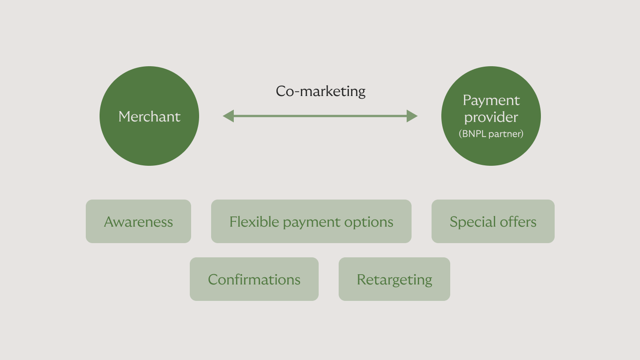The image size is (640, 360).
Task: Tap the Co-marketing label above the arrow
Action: coord(320,91)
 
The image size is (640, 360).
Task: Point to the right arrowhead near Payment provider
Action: coord(412,116)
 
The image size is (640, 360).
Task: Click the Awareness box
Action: coord(138,221)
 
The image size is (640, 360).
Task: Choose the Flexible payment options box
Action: coord(311,221)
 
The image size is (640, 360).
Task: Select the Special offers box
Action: coord(493,221)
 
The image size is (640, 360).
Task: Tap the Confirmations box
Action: coord(254,279)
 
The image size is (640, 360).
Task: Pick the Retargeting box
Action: coord(394,279)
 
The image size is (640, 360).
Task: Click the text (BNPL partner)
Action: coord(491,134)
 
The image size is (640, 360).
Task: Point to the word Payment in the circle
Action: coord(491,100)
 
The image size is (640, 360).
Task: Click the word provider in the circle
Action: coord(491,117)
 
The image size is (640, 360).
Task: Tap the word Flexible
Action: coord(254,221)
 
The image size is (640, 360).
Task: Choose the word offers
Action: coord(519,221)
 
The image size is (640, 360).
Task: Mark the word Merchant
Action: coord(149,116)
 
